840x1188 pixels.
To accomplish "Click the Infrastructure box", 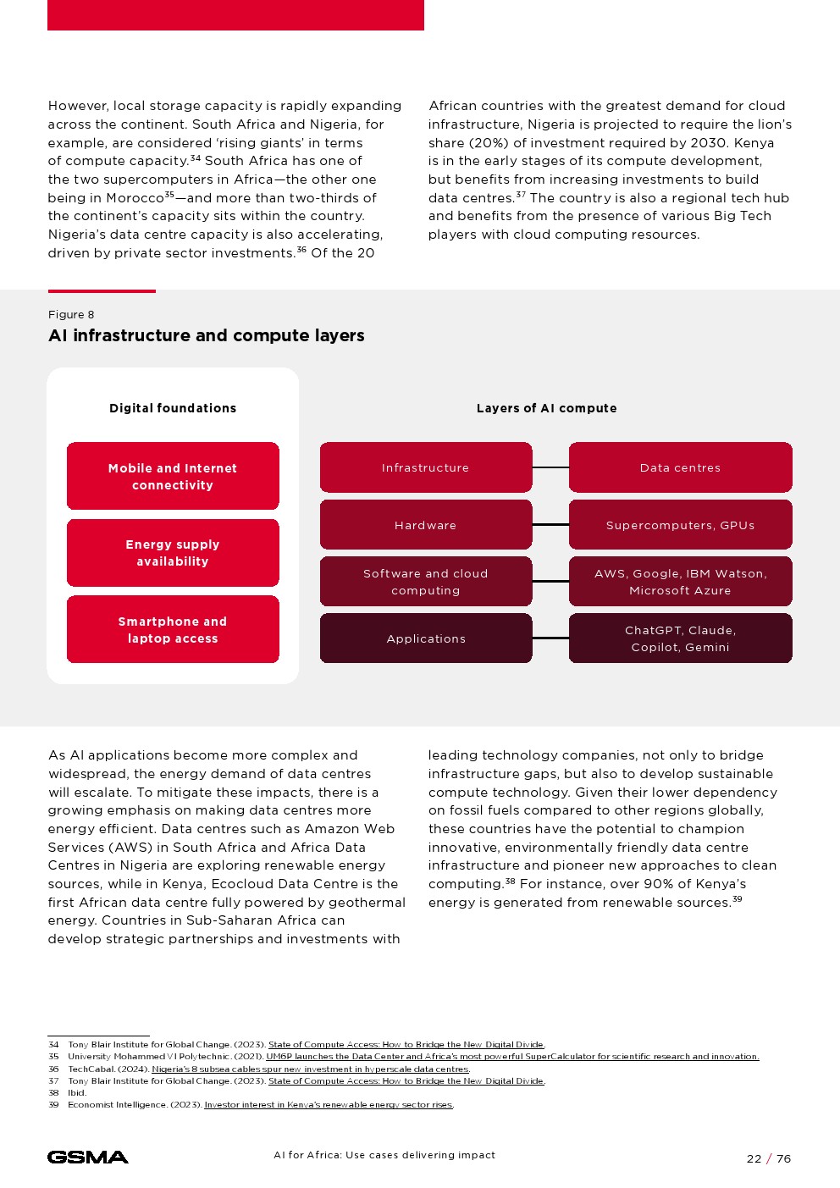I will point(425,467).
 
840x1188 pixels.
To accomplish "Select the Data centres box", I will point(680,467).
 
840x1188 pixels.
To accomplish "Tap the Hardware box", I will point(425,525).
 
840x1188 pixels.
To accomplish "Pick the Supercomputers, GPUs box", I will point(680,525).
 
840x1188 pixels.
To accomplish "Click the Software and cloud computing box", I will point(425,582).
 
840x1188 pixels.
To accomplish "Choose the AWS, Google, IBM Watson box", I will point(680,582).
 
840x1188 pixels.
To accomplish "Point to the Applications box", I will point(425,638).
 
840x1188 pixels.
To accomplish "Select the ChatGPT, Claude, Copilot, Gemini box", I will point(680,638).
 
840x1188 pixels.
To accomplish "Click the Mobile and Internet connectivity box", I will point(173,476).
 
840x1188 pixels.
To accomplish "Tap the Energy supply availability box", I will point(173,553).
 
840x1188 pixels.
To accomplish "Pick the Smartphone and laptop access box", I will point(173,629).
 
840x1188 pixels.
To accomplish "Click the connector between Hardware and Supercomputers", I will point(550,525).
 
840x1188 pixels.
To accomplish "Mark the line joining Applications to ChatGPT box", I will point(550,638).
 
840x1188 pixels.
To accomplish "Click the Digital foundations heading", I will point(173,408).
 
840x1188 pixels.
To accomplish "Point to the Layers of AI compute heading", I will point(546,408).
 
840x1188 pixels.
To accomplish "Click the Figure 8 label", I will point(71,315).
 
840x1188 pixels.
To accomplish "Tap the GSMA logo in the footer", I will point(88,1157).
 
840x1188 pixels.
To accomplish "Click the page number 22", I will point(754,1158).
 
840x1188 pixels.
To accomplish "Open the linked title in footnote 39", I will point(329,1105).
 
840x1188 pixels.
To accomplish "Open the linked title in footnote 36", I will point(310,1069).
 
